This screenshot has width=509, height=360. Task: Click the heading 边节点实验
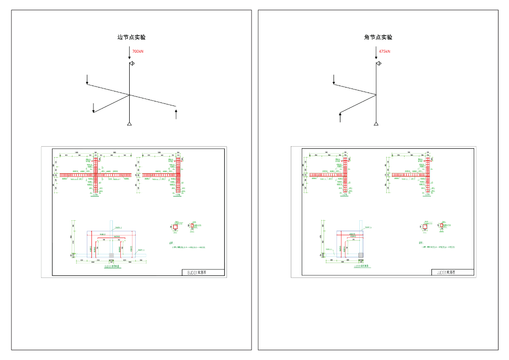(x=131, y=37)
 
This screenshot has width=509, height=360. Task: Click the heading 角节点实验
(x=378, y=37)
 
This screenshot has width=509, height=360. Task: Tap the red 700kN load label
(x=138, y=52)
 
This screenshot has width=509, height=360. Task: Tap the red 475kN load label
(x=384, y=52)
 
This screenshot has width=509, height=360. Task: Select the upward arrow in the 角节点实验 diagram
(x=340, y=117)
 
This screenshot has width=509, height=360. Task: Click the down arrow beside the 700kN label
(x=129, y=53)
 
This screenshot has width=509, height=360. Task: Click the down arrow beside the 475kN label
(x=376, y=53)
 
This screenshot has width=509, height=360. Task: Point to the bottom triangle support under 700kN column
(x=129, y=124)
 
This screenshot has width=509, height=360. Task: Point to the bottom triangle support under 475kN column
(x=376, y=124)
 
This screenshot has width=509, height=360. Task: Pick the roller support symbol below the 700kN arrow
(x=132, y=64)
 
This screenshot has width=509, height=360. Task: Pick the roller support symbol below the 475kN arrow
(x=378, y=64)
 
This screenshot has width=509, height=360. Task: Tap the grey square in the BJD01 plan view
(x=111, y=255)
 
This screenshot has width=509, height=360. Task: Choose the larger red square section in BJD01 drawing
(x=175, y=227)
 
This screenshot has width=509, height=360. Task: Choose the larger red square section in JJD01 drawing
(x=425, y=227)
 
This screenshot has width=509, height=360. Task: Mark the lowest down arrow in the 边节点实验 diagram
(x=93, y=108)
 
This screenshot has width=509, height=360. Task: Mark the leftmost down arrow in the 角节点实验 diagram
(x=334, y=80)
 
